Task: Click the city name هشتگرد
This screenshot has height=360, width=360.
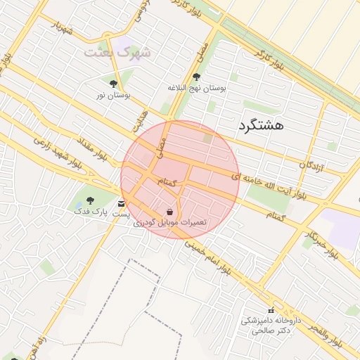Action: click(261, 125)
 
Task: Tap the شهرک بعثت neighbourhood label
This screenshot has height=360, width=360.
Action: click(117, 53)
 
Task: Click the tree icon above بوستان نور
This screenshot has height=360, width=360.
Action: click(114, 84)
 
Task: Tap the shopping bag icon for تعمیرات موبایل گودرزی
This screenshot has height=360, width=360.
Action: click(169, 212)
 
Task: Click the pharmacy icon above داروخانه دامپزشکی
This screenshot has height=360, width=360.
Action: click(271, 311)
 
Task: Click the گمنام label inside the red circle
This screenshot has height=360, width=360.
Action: click(165, 183)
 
